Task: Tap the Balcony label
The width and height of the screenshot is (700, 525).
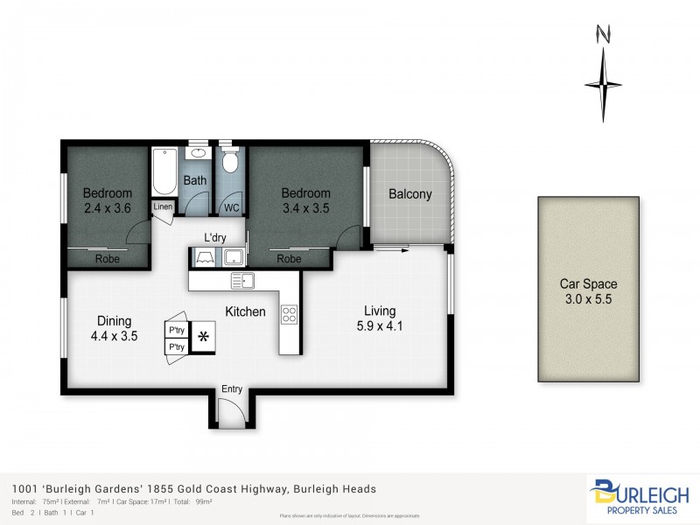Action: point(410,195)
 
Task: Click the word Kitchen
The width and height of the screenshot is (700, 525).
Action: point(245,311)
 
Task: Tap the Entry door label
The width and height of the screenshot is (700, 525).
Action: point(232,389)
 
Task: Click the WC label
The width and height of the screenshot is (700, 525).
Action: point(231,208)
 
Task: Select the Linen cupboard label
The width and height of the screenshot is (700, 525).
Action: point(164,207)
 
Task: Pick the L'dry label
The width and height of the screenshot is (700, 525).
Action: point(215,237)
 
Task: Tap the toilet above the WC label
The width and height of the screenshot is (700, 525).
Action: point(231,164)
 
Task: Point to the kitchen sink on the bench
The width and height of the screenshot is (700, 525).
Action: point(242,281)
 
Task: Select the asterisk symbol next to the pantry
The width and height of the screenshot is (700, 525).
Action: point(203,336)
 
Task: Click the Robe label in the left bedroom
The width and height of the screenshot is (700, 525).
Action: point(108,259)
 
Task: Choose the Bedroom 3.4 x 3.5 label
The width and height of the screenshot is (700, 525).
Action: point(305,201)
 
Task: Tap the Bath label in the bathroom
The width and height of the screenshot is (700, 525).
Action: point(195,181)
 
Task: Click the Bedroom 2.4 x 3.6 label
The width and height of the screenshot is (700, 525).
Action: point(108,201)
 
